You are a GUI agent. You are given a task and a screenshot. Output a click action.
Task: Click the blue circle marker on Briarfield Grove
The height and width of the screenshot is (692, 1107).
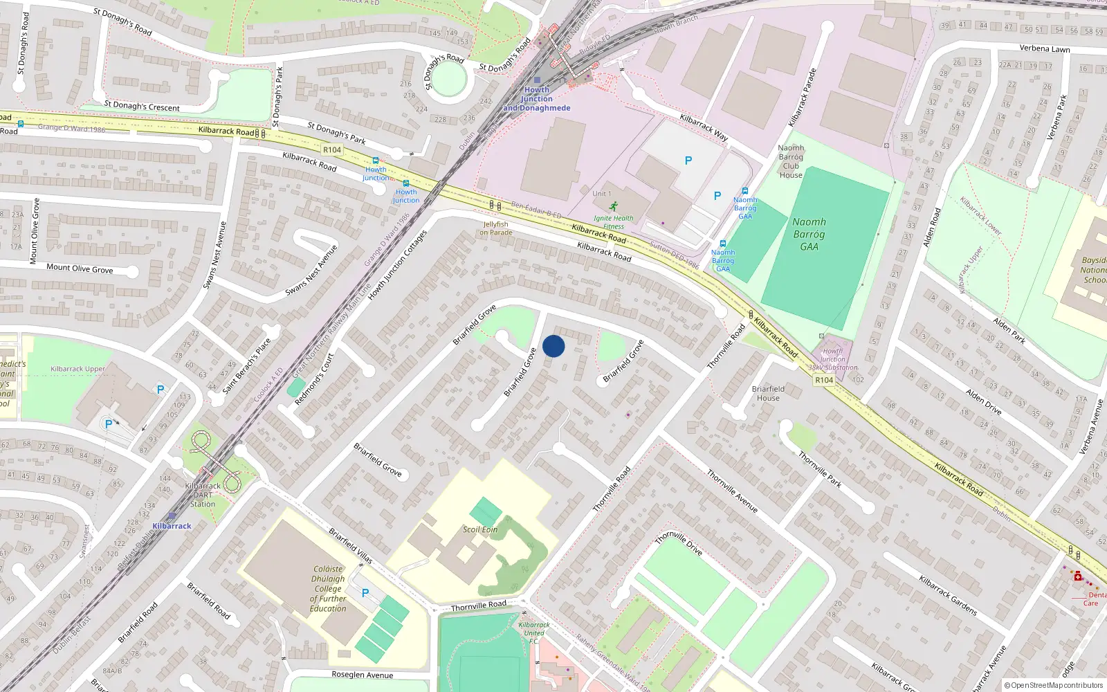click(x=553, y=346)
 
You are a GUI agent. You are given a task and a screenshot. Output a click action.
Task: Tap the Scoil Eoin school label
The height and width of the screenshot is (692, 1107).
click(x=480, y=529)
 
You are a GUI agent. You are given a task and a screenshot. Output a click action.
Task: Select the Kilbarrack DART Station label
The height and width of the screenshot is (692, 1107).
click(x=203, y=495)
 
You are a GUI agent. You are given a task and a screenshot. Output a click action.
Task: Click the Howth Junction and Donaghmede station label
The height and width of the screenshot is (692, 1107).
click(x=537, y=99)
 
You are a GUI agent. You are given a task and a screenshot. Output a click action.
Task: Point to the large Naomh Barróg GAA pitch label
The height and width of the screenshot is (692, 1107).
click(x=809, y=234)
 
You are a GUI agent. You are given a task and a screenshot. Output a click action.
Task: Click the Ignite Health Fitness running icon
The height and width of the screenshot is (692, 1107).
click(x=614, y=206)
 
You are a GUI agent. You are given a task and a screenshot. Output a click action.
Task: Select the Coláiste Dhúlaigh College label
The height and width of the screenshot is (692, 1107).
click(x=328, y=588)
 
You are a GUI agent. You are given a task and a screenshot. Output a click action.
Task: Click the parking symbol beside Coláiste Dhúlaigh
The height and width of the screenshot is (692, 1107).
click(x=365, y=593)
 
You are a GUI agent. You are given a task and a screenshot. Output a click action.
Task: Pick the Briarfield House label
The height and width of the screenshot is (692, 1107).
click(x=768, y=393)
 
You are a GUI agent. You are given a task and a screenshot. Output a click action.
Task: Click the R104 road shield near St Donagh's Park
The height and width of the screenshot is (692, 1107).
click(x=332, y=149)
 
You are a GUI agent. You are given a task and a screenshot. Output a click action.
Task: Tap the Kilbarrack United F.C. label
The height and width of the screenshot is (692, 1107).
click(x=534, y=632)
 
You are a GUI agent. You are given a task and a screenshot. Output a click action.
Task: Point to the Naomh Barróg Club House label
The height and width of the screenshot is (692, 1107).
click(x=791, y=161)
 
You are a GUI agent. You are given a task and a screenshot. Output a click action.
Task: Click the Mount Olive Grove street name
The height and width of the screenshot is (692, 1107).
click(x=80, y=268)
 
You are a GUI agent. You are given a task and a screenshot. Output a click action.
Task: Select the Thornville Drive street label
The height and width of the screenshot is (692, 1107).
click(x=679, y=543)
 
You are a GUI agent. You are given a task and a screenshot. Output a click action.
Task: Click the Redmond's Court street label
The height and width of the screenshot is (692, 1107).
click(x=314, y=379)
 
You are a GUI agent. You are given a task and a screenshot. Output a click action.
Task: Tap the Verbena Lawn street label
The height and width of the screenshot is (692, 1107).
click(x=1045, y=48)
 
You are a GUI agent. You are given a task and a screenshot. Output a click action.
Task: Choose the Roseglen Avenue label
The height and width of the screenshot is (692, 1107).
click(x=362, y=675)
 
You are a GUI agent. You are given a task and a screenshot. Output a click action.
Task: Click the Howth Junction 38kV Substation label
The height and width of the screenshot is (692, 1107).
click(x=833, y=359)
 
